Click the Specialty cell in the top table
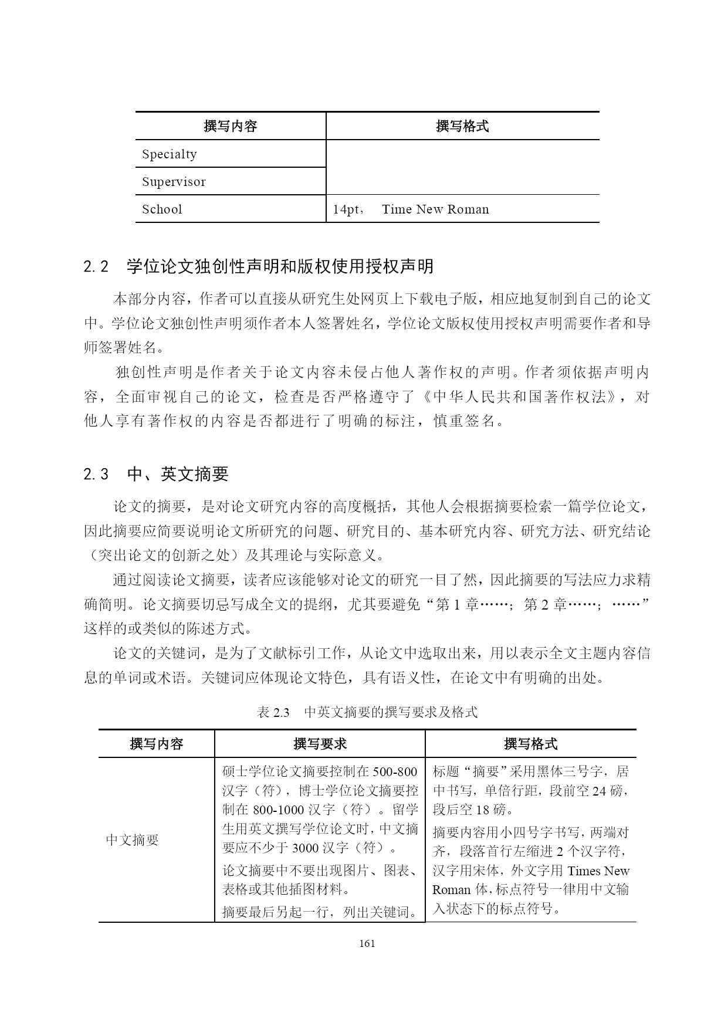(x=170, y=154)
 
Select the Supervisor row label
(x=174, y=182)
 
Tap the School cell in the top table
(x=162, y=209)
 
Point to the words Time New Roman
(x=435, y=209)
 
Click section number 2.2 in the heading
(x=96, y=267)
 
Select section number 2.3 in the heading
(x=96, y=474)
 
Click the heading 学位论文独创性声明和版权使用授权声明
(x=280, y=267)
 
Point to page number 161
(x=367, y=943)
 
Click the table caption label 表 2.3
(x=273, y=712)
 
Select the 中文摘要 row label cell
(x=133, y=840)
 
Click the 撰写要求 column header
(x=320, y=744)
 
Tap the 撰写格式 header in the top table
(x=462, y=126)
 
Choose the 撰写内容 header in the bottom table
(x=157, y=744)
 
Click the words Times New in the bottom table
(x=598, y=871)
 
